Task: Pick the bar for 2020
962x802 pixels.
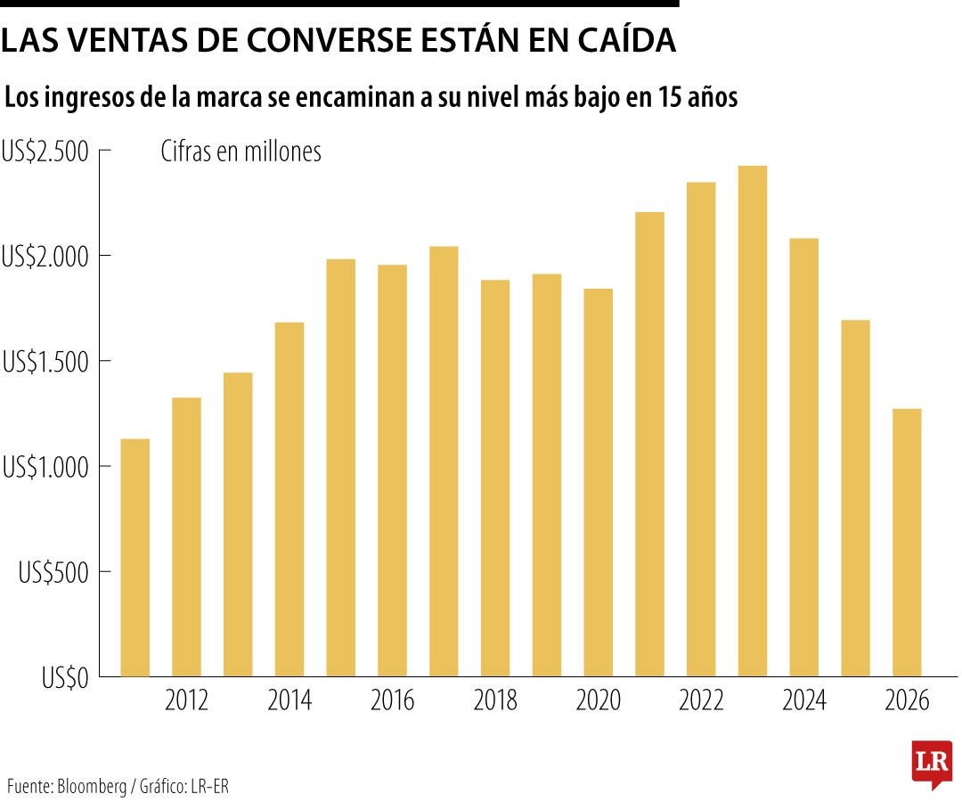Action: [x=598, y=482]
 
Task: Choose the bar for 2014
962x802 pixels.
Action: [x=289, y=499]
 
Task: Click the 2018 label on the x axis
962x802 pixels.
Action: [x=495, y=701]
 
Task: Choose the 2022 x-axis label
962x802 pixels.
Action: [x=701, y=701]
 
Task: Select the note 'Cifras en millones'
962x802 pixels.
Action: [x=240, y=152]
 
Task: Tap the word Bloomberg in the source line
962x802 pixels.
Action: [x=94, y=787]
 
